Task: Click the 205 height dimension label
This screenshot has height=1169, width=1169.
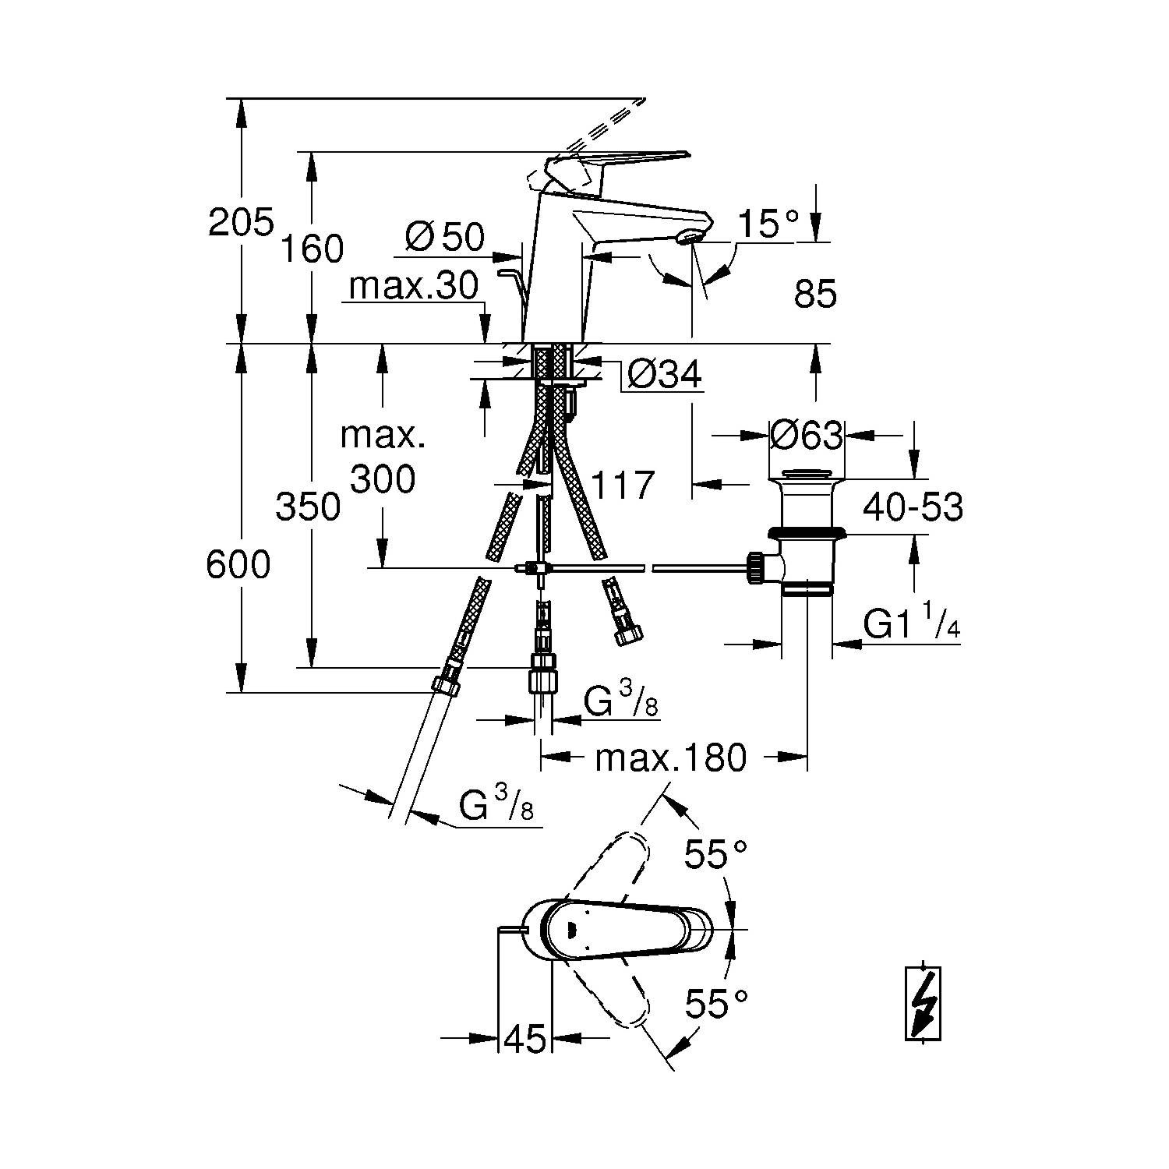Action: [241, 223]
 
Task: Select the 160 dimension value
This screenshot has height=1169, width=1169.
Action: [312, 249]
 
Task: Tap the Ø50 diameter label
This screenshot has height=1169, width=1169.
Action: [445, 236]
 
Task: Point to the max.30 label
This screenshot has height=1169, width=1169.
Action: [413, 286]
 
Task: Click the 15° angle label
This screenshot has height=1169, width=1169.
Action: [768, 224]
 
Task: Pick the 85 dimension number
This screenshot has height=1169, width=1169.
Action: [815, 295]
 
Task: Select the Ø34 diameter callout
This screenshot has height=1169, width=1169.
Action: [664, 374]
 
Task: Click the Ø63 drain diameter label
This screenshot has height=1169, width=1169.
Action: [806, 435]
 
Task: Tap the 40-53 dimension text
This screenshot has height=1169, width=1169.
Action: [913, 507]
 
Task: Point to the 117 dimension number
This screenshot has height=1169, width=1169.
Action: [622, 485]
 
